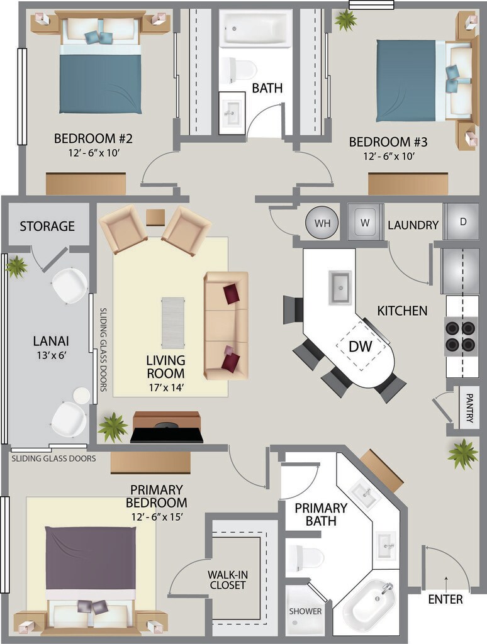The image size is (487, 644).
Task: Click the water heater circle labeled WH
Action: pyautogui.click(x=322, y=223)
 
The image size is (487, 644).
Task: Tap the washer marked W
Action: pyautogui.click(x=365, y=222)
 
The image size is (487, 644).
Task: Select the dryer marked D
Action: pyautogui.click(x=462, y=222)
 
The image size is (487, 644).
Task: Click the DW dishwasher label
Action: pyautogui.click(x=361, y=347)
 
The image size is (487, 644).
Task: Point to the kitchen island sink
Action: pyautogui.click(x=340, y=288)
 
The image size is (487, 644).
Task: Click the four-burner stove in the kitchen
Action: pyautogui.click(x=461, y=336)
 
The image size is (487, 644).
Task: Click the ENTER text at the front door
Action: pyautogui.click(x=445, y=599)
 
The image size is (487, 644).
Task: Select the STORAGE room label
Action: pyautogui.click(x=47, y=226)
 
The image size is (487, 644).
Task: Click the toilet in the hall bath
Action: pyautogui.click(x=238, y=69)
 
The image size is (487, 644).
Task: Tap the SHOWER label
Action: pyautogui.click(x=305, y=611)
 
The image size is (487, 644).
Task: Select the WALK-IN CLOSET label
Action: pyautogui.click(x=228, y=580)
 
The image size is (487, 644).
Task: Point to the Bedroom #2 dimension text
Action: pyautogui.click(x=94, y=153)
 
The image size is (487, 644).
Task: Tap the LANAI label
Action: pyautogui.click(x=51, y=341)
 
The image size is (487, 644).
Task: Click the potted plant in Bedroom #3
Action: pyautogui.click(x=345, y=19)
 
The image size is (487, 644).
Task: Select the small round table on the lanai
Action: pyautogui.click(x=81, y=396)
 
